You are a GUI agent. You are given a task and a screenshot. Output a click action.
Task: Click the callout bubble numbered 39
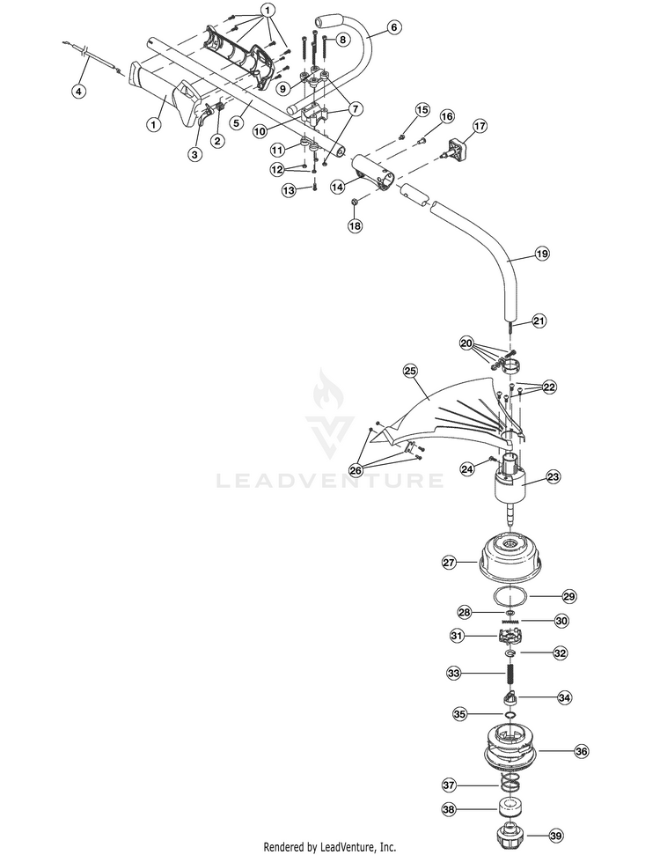point(556,835)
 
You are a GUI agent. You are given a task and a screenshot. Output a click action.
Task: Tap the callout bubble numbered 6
point(393,26)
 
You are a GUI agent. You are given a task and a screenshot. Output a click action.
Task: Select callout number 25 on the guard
point(410,371)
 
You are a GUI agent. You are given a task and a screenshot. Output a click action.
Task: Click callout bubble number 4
point(79,91)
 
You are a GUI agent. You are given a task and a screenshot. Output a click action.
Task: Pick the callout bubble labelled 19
point(542,254)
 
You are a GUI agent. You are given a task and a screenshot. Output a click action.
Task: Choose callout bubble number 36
point(582,751)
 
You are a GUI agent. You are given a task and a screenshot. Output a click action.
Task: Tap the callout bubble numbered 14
point(338,187)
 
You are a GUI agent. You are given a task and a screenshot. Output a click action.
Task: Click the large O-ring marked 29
point(510,596)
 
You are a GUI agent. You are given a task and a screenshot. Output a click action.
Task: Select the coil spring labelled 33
point(512,674)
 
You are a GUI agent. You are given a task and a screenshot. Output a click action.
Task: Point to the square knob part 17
point(455,148)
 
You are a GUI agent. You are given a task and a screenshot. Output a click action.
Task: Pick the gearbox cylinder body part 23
point(511,484)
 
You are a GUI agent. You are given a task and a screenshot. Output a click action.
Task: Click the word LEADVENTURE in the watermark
point(330,481)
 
